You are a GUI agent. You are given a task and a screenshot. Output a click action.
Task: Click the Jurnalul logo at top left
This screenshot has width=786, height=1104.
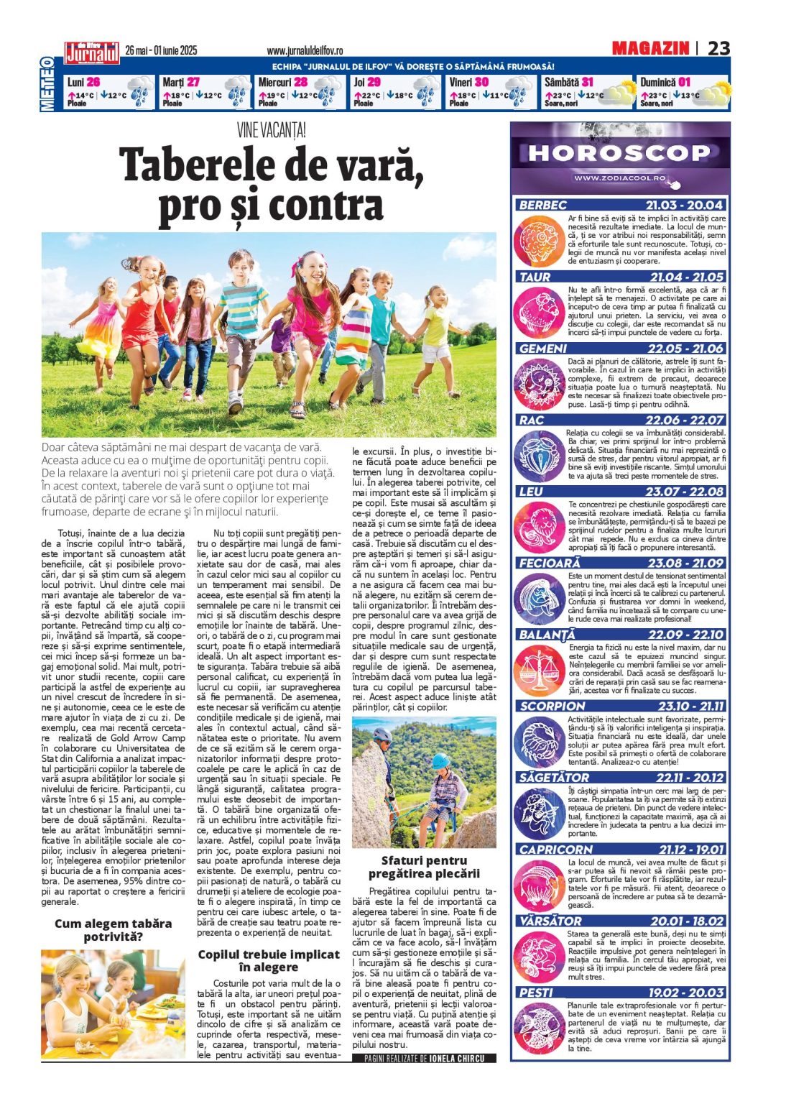tap(92, 52)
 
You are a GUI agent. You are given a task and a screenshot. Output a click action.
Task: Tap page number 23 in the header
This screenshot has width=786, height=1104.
tap(718, 48)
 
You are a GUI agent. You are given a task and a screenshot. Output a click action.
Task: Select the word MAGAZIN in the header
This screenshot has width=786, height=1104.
tap(650, 48)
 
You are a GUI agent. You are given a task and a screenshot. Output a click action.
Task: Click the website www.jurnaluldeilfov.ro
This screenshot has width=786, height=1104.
tap(305, 51)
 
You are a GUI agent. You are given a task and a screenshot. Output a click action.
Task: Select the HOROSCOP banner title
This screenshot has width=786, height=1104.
tap(619, 152)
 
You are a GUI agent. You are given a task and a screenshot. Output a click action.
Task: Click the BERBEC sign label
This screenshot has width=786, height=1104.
tap(543, 205)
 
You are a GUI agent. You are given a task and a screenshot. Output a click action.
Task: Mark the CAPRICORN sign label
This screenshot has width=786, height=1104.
tap(556, 850)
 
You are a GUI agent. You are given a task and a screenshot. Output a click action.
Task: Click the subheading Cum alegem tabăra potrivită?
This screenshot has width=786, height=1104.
tap(113, 929)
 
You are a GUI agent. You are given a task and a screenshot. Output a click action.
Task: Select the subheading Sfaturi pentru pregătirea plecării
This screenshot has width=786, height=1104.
tap(424, 867)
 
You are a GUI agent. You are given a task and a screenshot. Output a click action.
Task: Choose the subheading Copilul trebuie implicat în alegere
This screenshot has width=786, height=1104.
tap(269, 960)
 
